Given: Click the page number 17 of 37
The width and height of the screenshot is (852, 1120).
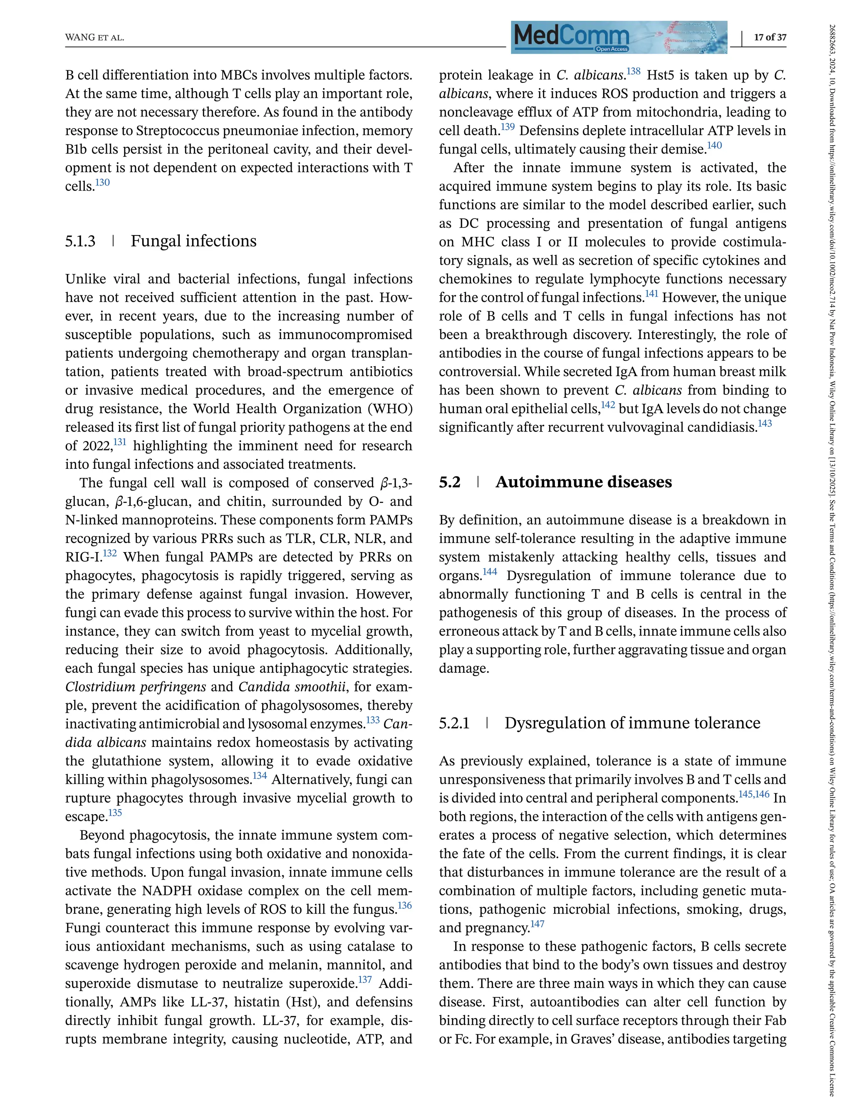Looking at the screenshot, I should [770, 37].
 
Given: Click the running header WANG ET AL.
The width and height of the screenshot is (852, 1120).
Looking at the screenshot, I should [95, 38].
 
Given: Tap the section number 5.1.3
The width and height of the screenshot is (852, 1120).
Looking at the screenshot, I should [80, 241].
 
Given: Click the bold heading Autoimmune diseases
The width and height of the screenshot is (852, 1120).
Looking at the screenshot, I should [583, 481].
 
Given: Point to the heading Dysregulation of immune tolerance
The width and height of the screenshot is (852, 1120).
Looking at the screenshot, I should [632, 722].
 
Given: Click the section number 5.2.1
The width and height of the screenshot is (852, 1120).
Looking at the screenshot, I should [454, 723].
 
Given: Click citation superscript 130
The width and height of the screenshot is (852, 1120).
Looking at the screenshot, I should [102, 182].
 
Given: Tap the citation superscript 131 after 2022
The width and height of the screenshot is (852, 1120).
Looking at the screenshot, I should [120, 442].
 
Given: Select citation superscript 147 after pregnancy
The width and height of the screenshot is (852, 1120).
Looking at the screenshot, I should [537, 924].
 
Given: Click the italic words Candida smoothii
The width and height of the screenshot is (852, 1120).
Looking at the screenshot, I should [292, 687].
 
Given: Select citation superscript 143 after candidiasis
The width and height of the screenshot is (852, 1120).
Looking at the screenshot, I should [764, 423].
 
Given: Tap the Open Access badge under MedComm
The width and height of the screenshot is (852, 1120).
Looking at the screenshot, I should [612, 49].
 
